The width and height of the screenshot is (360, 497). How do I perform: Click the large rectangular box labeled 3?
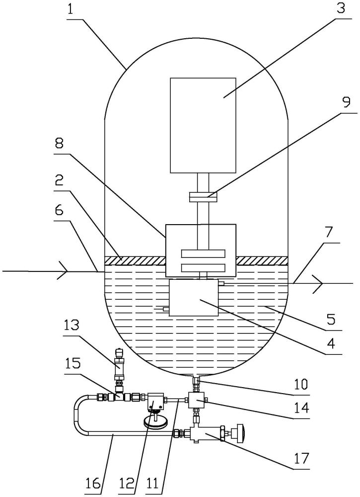(x=203, y=126)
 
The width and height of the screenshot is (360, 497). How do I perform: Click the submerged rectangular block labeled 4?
(x=194, y=298)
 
